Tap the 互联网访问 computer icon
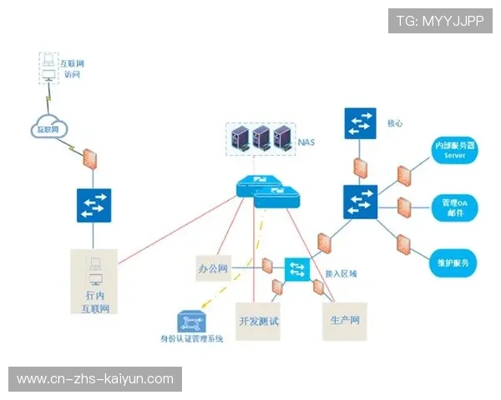pos(48,67)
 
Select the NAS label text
pos(307,142)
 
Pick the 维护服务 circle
pos(454,262)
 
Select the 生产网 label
pos(344,321)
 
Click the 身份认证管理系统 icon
pos(190,320)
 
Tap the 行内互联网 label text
pos(95,302)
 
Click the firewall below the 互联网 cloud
pos(91,159)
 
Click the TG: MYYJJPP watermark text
pos(440,21)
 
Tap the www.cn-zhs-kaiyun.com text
pos(95,379)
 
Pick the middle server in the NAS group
pos(261,136)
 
